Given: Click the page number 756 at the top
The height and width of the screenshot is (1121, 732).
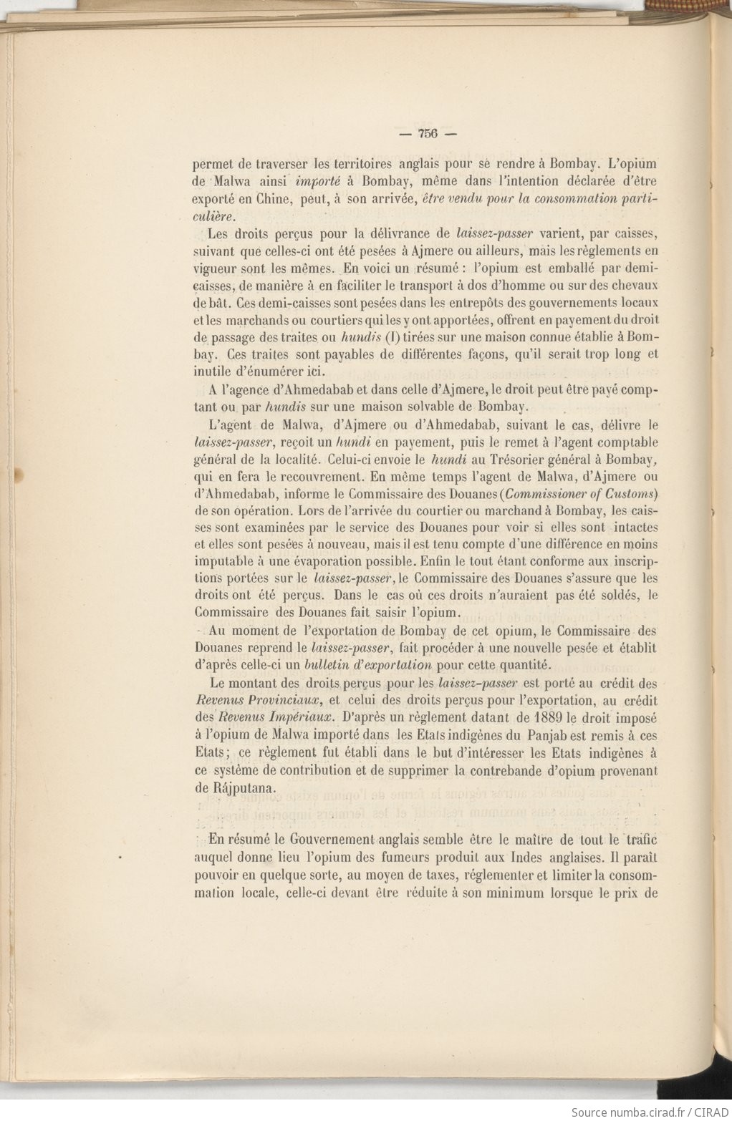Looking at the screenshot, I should (427, 133).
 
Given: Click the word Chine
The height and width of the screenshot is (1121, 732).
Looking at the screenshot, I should (266, 198).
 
